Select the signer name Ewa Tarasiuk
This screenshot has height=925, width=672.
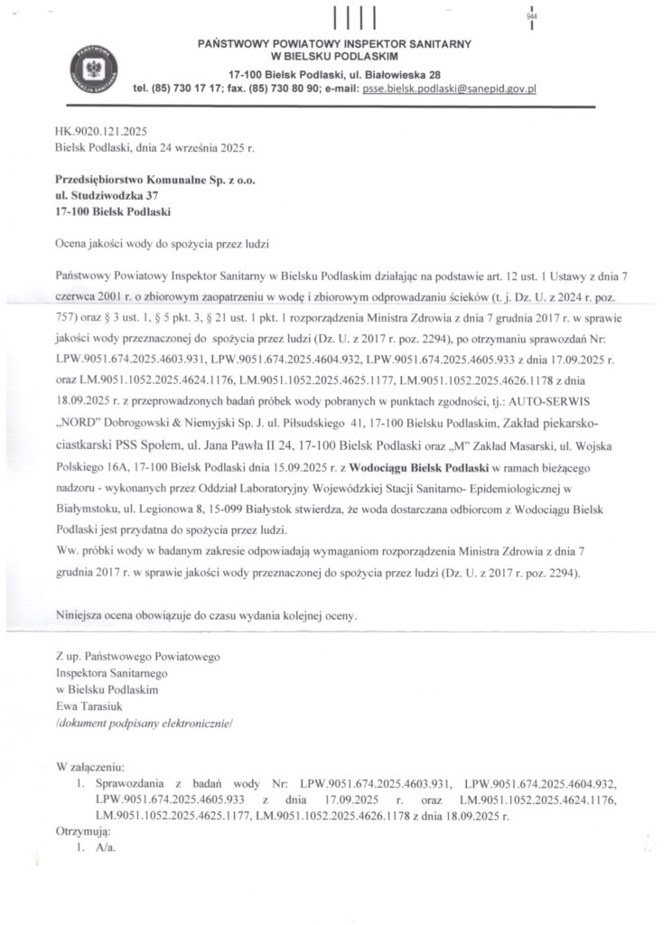point(89,705)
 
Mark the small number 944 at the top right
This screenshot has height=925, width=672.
point(530,17)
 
